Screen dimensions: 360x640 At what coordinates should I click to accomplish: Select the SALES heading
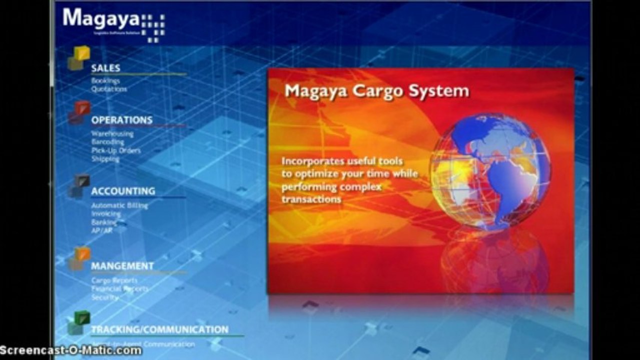click(x=106, y=68)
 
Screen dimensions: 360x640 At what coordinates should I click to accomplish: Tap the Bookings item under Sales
click(x=105, y=80)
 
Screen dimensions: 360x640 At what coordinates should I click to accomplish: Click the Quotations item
click(x=109, y=89)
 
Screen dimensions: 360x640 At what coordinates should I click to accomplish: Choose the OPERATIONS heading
click(x=122, y=120)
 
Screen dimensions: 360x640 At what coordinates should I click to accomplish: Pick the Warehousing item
click(x=112, y=134)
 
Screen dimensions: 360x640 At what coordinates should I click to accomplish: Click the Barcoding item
click(x=108, y=142)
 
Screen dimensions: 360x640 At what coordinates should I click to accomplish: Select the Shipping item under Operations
click(x=105, y=159)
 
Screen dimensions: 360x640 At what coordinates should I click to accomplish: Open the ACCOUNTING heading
click(x=123, y=191)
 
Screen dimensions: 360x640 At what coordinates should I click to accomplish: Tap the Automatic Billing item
click(x=119, y=205)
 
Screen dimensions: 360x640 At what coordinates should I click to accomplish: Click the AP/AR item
click(x=102, y=230)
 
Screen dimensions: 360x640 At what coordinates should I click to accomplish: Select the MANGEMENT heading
click(x=122, y=266)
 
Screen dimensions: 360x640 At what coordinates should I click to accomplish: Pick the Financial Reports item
click(x=120, y=289)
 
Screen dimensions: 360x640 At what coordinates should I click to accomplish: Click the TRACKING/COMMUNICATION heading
click(x=160, y=329)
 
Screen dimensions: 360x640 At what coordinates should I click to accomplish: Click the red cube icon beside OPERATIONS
click(x=79, y=112)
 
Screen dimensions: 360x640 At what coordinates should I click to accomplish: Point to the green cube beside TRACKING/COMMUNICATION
click(x=78, y=322)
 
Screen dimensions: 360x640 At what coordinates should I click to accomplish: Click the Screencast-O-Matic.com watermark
click(x=71, y=350)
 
